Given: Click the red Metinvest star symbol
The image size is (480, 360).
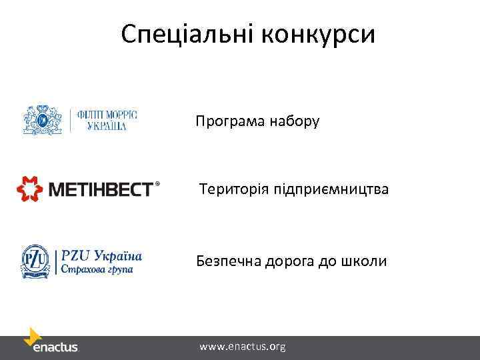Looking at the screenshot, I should pos(29,189).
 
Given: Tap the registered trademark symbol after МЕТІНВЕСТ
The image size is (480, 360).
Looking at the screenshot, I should pos(158,183).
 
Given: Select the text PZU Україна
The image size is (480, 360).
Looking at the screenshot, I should pos(101,255).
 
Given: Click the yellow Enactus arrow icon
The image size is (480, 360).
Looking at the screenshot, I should pos(33,336).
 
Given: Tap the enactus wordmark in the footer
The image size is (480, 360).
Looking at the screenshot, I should pos(56,347).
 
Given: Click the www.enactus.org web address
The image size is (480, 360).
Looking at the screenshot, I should pos(242,347).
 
